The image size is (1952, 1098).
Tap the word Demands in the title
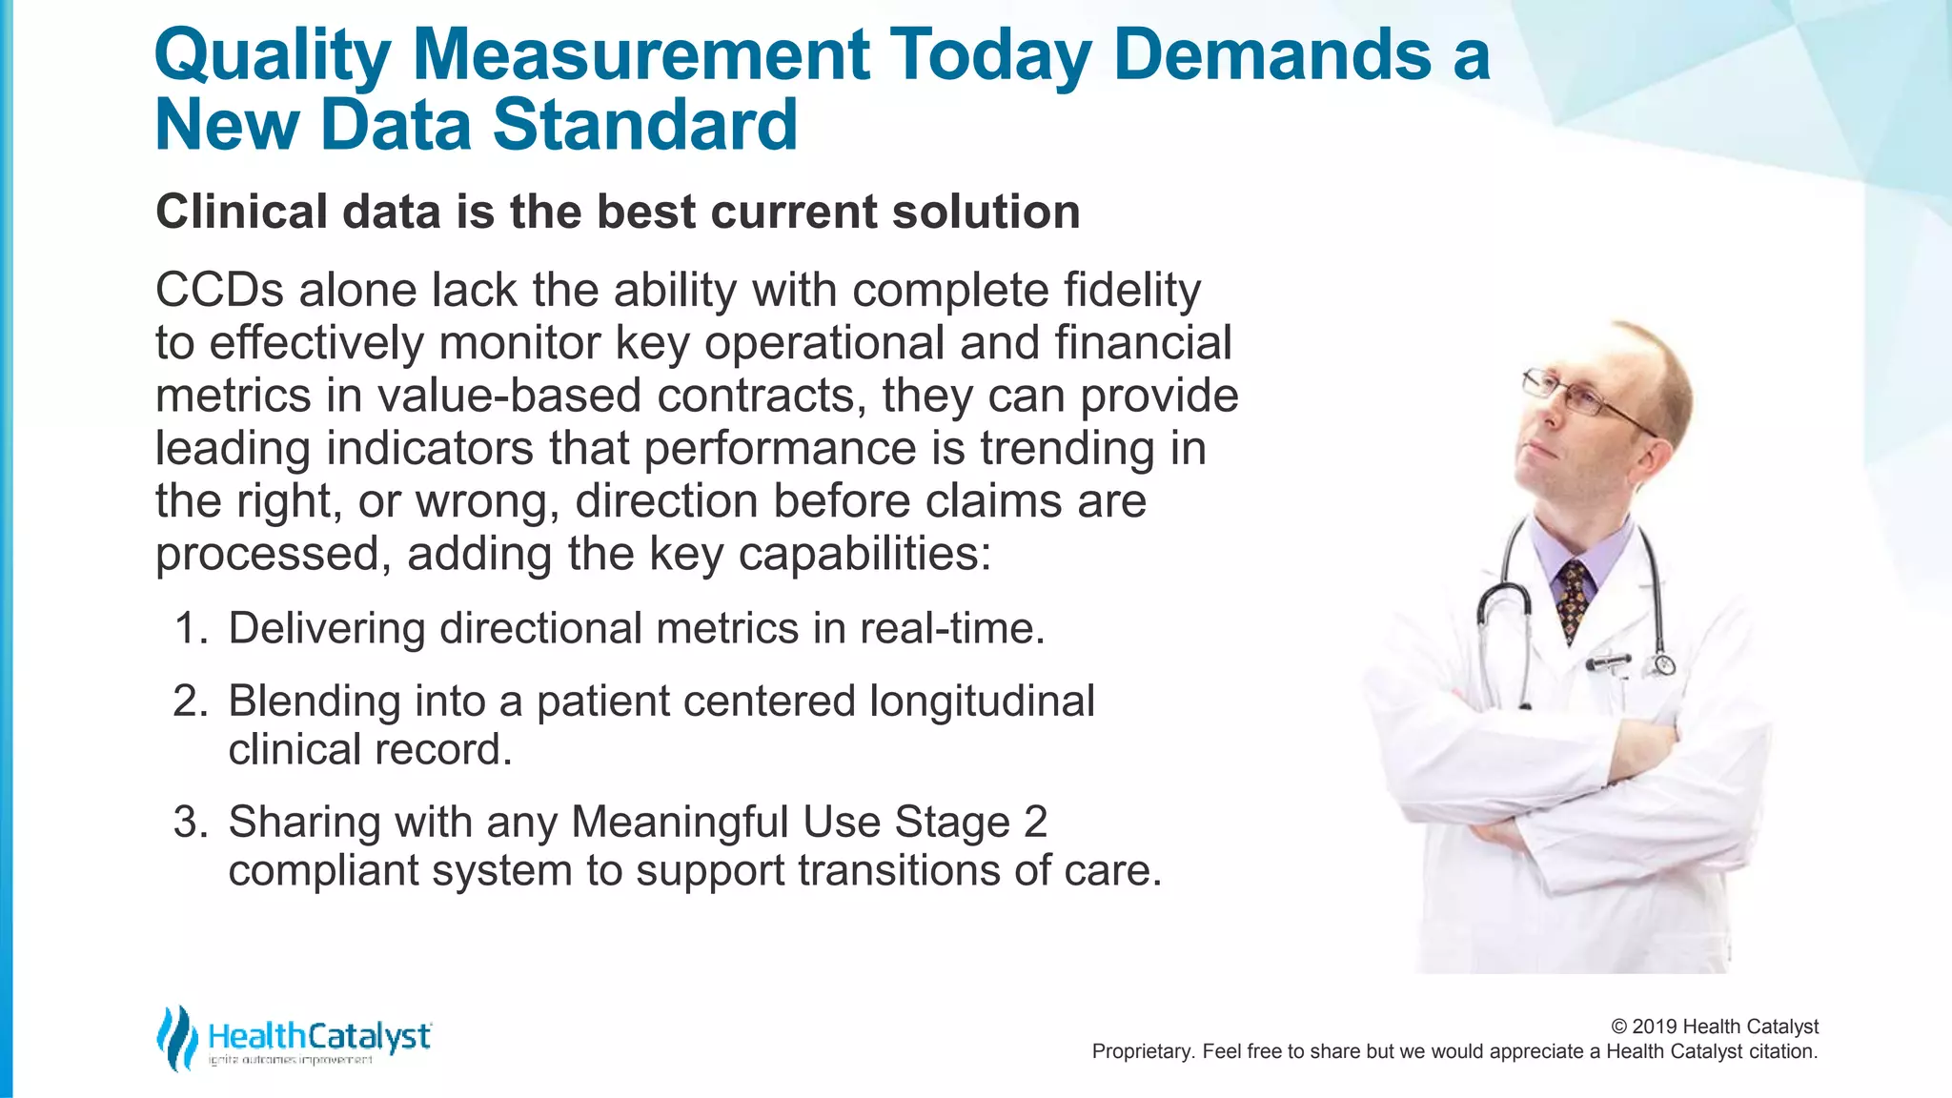1271,54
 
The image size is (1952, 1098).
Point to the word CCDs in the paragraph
219,290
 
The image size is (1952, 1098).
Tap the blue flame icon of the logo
177,1038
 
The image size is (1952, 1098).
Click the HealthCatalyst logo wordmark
319,1036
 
